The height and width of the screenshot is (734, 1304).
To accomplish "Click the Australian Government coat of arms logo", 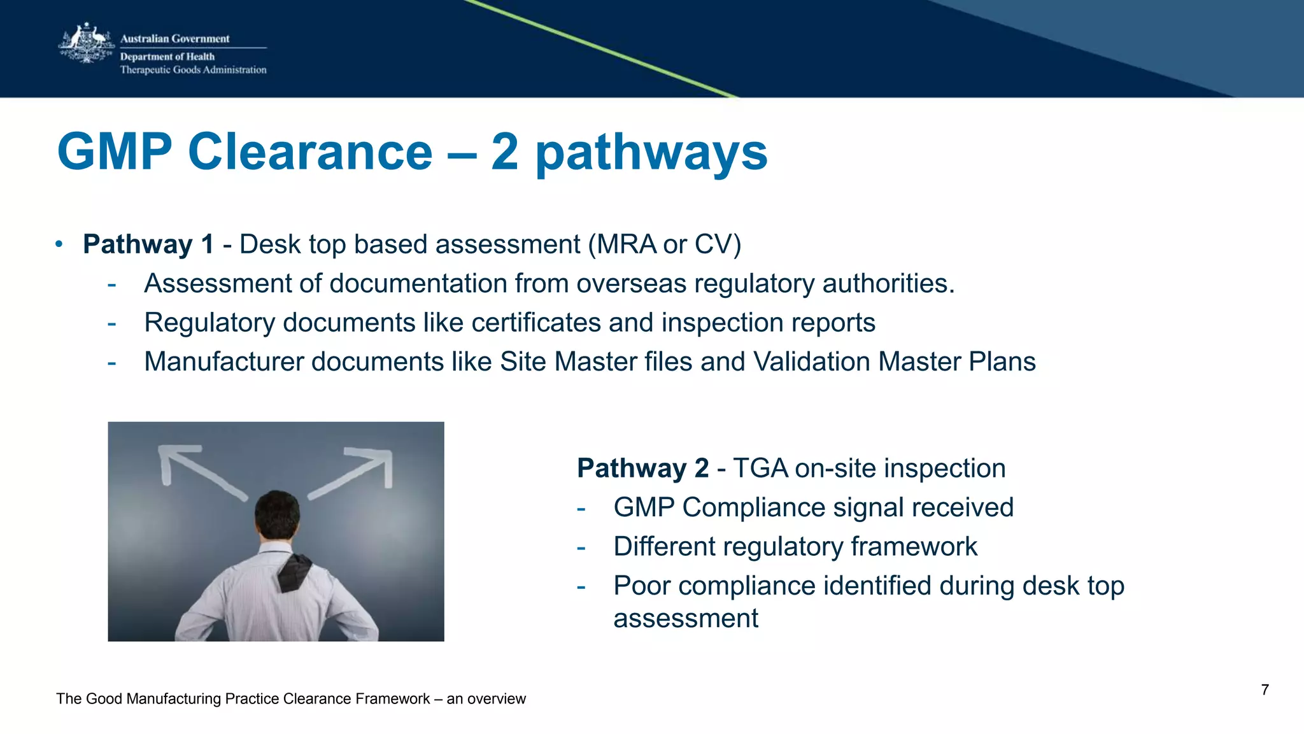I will (86, 43).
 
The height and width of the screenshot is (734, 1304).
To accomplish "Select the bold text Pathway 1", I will (148, 244).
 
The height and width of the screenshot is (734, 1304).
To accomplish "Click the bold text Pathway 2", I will (642, 469).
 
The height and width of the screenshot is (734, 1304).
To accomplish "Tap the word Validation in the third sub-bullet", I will (811, 362).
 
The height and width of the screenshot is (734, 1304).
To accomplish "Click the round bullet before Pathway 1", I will (59, 244).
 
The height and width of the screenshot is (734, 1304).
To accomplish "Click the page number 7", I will (1265, 690).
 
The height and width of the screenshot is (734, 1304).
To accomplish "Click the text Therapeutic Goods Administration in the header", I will (193, 70).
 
